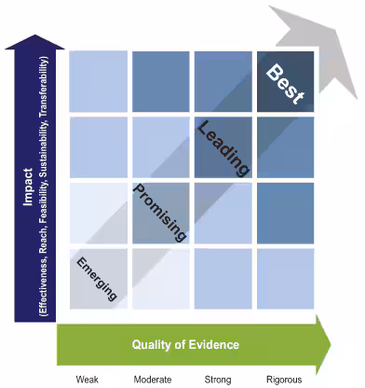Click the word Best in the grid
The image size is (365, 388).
[x=287, y=85]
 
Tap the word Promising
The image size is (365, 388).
[x=161, y=211]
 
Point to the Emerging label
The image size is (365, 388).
[x=98, y=277]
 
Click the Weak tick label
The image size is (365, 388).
[x=88, y=379]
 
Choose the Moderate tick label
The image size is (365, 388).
[x=151, y=379]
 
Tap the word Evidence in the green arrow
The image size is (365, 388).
[x=212, y=344]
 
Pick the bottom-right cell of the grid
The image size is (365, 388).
[x=287, y=279]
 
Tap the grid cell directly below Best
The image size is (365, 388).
[x=287, y=146]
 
